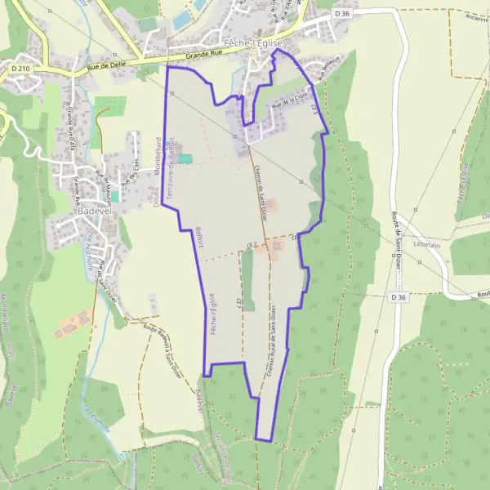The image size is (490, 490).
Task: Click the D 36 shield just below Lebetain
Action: coord(398,297)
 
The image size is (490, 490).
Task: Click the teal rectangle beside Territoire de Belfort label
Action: coord(186,158)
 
